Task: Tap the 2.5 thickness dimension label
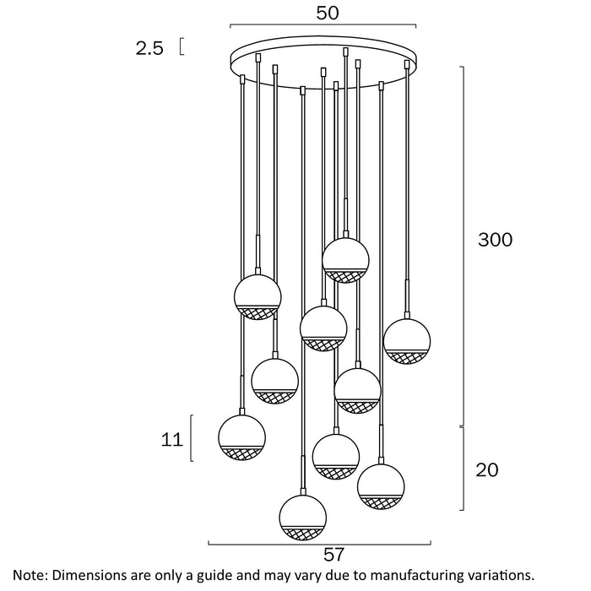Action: tap(149, 48)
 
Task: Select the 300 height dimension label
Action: tap(495, 239)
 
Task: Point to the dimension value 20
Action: tap(487, 470)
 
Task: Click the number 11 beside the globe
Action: tap(172, 439)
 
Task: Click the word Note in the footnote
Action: tap(28, 575)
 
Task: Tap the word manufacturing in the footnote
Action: tap(413, 575)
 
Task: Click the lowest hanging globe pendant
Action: tap(302, 518)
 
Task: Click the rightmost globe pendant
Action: tap(407, 339)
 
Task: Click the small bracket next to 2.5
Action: tap(182, 47)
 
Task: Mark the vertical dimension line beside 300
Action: tap(464, 245)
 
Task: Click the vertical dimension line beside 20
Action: tap(464, 469)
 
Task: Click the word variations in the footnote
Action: tap(502, 575)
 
